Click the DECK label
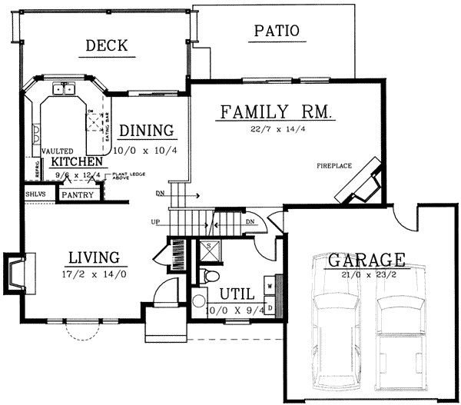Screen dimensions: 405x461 (x=107, y=47)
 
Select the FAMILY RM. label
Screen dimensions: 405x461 (x=276, y=112)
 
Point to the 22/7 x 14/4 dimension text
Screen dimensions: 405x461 (x=277, y=129)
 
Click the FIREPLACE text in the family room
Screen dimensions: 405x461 (x=333, y=165)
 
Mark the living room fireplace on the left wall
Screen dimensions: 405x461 (x=14, y=274)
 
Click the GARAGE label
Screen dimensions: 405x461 (x=366, y=260)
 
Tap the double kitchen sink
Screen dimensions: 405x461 (x=63, y=90)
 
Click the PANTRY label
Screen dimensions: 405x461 (x=78, y=195)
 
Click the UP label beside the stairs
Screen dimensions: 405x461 (x=157, y=223)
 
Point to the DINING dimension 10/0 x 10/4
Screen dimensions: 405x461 (x=145, y=151)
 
